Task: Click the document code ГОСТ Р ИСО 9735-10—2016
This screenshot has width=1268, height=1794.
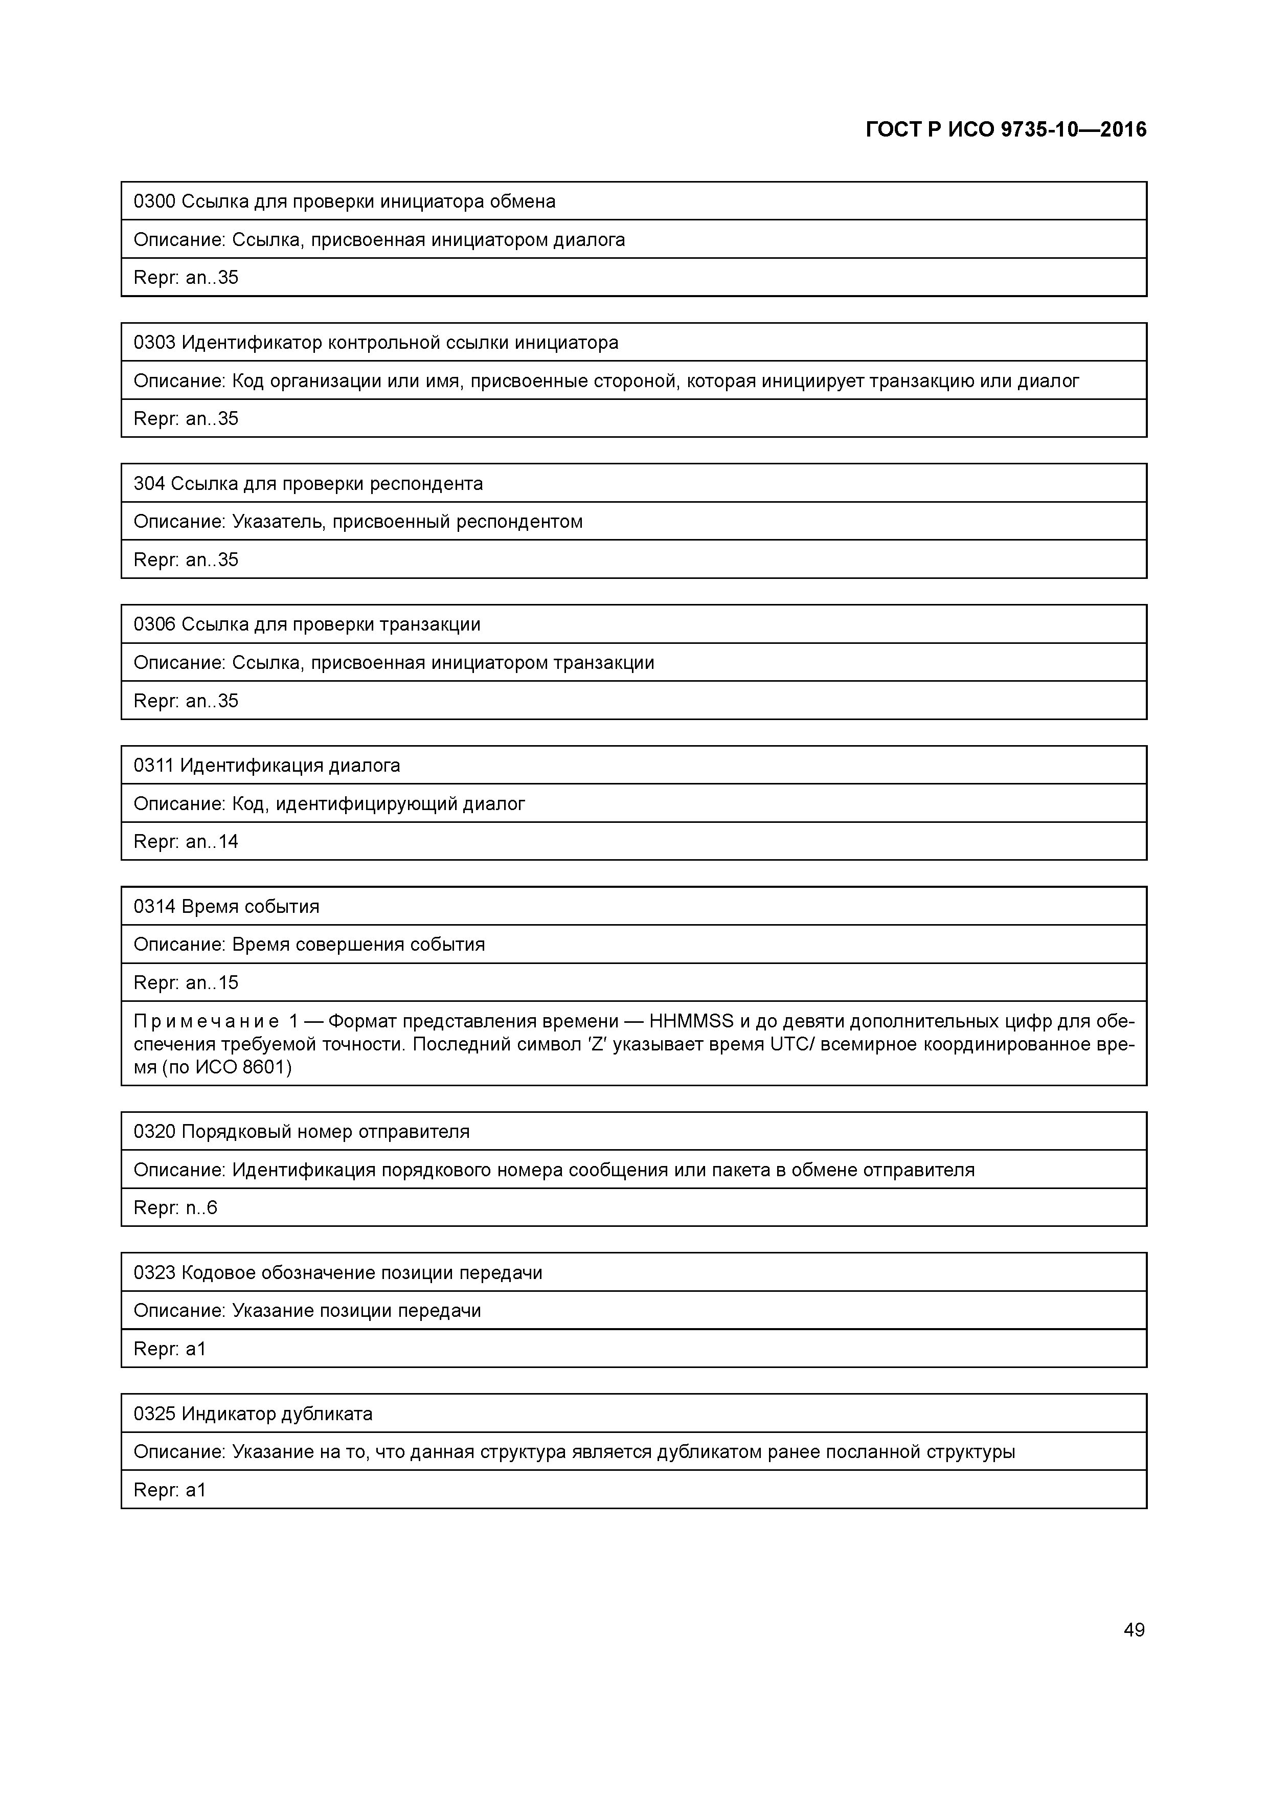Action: tap(1006, 130)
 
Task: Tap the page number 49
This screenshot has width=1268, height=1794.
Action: tap(1134, 1629)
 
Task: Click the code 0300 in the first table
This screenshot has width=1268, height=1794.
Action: tap(155, 201)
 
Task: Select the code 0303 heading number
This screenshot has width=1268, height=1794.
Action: tap(155, 342)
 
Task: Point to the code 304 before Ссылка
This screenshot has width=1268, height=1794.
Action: tap(149, 484)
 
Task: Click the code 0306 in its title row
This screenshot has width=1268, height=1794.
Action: tap(155, 624)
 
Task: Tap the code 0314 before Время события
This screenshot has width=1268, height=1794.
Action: tap(155, 906)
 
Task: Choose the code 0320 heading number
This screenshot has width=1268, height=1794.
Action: tap(155, 1131)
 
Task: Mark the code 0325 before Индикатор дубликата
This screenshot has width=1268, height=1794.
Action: tap(155, 1414)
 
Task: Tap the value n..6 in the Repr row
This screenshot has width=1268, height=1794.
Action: tap(201, 1208)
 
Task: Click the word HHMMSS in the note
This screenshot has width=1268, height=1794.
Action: tap(691, 1021)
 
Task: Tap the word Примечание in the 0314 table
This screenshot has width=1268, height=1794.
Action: tap(206, 1021)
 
